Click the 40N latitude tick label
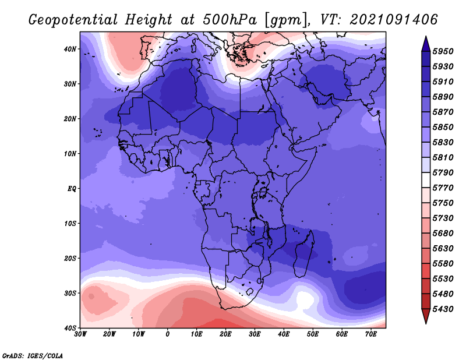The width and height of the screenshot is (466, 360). (70, 49)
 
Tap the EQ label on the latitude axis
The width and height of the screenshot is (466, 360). (72, 189)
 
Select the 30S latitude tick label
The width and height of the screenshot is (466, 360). (70, 294)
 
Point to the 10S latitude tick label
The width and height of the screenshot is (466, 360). (70, 224)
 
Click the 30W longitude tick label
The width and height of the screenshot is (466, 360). (80, 334)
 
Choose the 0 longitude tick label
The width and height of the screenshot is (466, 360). (168, 334)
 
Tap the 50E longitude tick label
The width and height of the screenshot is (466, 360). (313, 334)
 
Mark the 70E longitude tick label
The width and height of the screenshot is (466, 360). (371, 334)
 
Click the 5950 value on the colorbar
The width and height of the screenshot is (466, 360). (443, 51)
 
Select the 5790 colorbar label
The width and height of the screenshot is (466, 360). (443, 172)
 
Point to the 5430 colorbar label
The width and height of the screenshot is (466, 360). (443, 309)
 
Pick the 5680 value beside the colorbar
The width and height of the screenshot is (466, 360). (443, 234)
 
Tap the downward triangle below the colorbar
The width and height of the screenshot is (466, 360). (426, 315)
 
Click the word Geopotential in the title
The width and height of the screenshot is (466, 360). (73, 20)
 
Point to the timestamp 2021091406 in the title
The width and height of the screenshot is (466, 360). (394, 20)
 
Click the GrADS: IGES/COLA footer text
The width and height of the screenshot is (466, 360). (33, 355)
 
